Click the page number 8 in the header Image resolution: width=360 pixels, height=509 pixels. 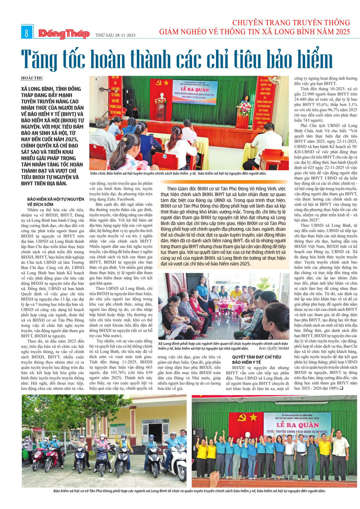[26, 33]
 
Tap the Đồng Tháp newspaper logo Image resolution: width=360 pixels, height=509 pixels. [64, 34]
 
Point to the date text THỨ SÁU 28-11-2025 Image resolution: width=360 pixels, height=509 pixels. [115, 35]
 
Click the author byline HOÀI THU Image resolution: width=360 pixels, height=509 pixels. [32, 78]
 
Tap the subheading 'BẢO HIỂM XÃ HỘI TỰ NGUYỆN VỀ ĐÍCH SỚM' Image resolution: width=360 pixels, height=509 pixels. [55, 201]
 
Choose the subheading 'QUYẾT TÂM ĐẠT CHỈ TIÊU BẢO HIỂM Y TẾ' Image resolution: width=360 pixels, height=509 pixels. [256, 359]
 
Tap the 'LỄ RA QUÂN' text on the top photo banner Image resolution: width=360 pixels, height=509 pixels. [195, 89]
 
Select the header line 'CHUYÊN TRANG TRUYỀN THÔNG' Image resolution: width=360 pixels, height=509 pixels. [291, 23]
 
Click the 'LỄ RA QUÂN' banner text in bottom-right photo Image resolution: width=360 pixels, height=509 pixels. [297, 425]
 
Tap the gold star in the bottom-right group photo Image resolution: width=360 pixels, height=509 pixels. [253, 417]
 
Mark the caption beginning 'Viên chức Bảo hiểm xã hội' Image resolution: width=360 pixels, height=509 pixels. [178, 173]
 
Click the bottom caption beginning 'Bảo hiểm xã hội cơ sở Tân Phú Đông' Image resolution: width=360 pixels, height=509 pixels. [189, 491]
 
